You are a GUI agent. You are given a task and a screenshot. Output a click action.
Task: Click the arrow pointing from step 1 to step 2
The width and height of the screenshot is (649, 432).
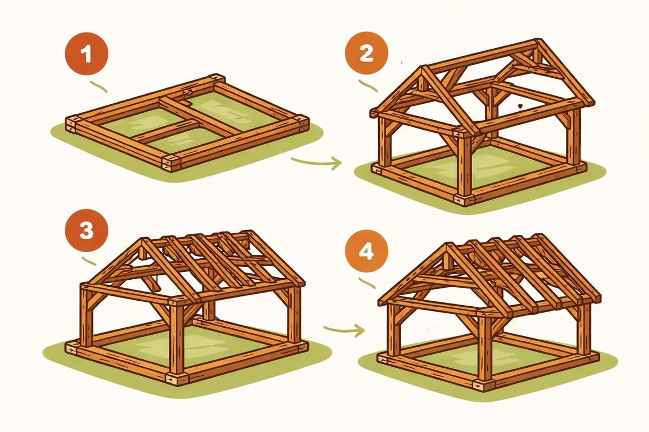click(x=316, y=161)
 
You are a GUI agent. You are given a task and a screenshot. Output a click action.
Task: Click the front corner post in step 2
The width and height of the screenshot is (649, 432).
click(x=464, y=165)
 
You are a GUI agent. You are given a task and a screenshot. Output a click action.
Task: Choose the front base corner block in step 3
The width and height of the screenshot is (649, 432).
click(x=177, y=378)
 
